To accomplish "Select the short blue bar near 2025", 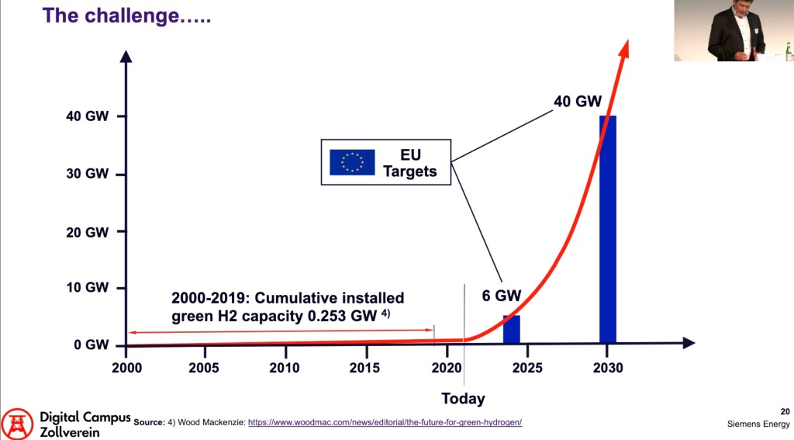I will pos(512,329).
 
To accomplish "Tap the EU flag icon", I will pos(352,161).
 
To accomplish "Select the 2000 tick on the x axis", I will pos(126,368).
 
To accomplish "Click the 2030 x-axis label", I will pos(607,368).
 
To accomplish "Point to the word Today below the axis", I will pos(463,399).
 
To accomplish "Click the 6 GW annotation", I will pos(502,296).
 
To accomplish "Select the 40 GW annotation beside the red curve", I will pos(578,101).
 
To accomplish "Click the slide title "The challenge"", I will pos(126,16).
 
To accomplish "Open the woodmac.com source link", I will pos(385,422).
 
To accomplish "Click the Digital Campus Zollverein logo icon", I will pos(17,424).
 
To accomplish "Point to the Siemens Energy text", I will pos(758,424).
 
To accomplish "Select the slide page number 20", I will pos(785,411).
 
